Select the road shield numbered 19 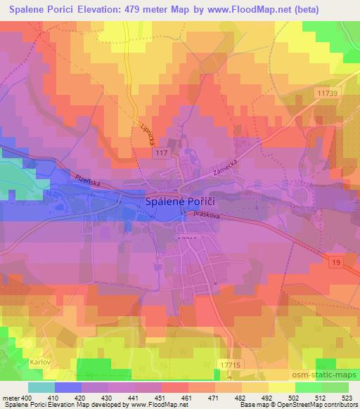tap(337, 262)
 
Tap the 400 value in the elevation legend tap(27, 398)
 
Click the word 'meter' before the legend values tap(11, 398)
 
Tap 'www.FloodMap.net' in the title tap(238, 8)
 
